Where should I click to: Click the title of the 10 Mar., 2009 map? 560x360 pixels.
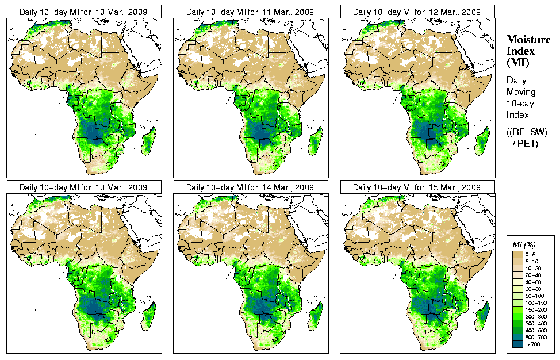[x=83, y=12]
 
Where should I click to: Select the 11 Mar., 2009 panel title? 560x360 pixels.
[x=250, y=12]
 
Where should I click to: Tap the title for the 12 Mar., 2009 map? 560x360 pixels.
[x=417, y=12]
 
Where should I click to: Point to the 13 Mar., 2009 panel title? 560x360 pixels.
[x=83, y=187]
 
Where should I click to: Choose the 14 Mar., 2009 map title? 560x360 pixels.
[x=250, y=187]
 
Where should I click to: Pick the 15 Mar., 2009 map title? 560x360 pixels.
[x=417, y=187]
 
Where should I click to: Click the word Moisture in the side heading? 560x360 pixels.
[x=524, y=39]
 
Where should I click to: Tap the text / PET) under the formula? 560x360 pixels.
[x=526, y=143]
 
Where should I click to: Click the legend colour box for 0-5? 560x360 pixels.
[x=518, y=254]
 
